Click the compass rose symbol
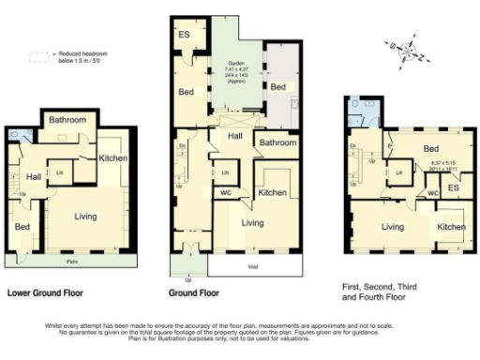coord(410,52)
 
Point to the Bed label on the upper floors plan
coord(431,149)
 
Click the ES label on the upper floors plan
coord(453,187)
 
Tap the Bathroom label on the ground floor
coord(277,143)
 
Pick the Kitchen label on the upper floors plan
coord(449,227)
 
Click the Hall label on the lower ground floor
coord(33,176)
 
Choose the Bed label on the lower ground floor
coord(21,227)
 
